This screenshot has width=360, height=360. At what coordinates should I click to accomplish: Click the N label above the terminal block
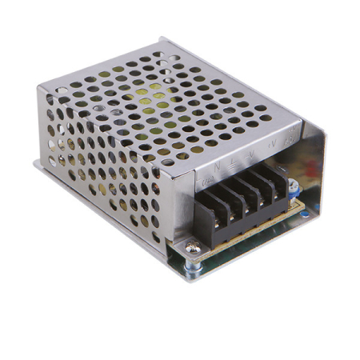[217, 166]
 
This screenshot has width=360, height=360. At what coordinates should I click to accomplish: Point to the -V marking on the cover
[251, 153]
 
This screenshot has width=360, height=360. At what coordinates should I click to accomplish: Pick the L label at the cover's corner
[203, 171]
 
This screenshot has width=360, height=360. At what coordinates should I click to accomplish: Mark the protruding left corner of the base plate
[37, 164]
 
